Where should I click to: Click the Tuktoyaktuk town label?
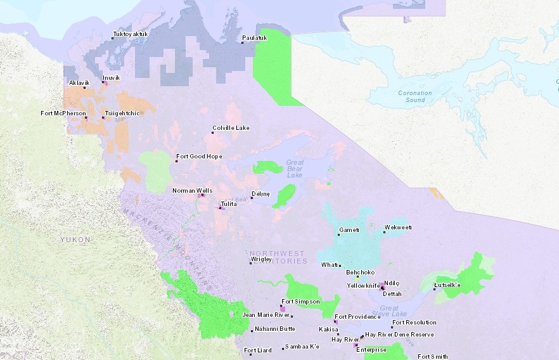pos(131,34)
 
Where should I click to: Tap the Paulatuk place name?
pos(255,38)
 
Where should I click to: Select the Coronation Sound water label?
pos(415,96)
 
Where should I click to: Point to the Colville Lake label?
pos(231,128)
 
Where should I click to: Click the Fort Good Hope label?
pos(199,156)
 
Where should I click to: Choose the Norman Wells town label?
pos(192,190)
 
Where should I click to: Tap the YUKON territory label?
pos(76,240)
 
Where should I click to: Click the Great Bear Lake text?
pos(295,168)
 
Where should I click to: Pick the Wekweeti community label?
pos(398,227)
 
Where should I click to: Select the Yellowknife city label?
pos(363,286)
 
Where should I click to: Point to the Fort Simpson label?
pos(300,302)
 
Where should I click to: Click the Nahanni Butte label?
pos(274,329)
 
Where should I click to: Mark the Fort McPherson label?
pos(63,113)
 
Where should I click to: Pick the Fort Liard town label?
pos(258,350)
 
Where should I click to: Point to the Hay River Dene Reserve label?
pos(399,334)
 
